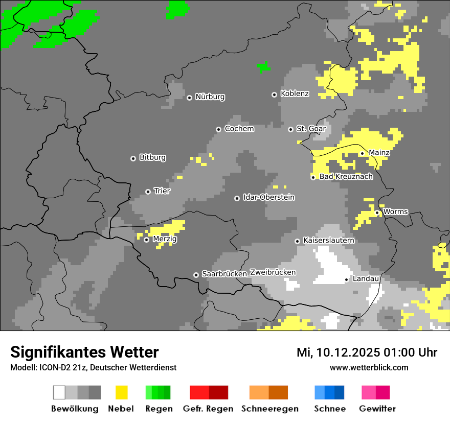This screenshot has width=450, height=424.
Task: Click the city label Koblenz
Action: (x=295, y=93)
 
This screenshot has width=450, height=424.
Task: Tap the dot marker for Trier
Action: (x=148, y=192)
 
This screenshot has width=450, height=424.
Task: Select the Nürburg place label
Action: (x=210, y=97)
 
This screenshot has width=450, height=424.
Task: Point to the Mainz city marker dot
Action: (x=362, y=153)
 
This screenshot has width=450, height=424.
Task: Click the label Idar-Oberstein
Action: (x=268, y=197)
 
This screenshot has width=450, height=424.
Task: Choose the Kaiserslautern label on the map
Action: (x=329, y=240)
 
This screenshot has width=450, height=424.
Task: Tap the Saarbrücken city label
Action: (x=224, y=274)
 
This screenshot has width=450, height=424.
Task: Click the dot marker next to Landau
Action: (x=346, y=279)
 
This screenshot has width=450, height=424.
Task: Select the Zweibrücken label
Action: (x=273, y=272)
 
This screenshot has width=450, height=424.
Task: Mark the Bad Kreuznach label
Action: (x=346, y=177)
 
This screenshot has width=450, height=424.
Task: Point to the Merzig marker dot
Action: (x=146, y=240)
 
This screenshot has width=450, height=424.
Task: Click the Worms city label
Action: (x=395, y=211)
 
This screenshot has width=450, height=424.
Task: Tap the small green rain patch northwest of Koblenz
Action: (x=263, y=67)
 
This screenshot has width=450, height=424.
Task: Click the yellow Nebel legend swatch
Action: (x=121, y=392)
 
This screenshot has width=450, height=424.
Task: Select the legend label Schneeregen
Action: (x=269, y=409)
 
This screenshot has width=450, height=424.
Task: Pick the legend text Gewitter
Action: (x=377, y=409)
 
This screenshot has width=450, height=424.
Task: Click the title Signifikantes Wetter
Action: (x=84, y=352)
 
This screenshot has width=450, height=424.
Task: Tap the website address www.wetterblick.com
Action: (x=369, y=367)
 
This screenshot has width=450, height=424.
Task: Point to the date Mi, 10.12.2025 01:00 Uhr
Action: (x=367, y=352)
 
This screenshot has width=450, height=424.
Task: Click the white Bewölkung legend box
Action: (x=59, y=392)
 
